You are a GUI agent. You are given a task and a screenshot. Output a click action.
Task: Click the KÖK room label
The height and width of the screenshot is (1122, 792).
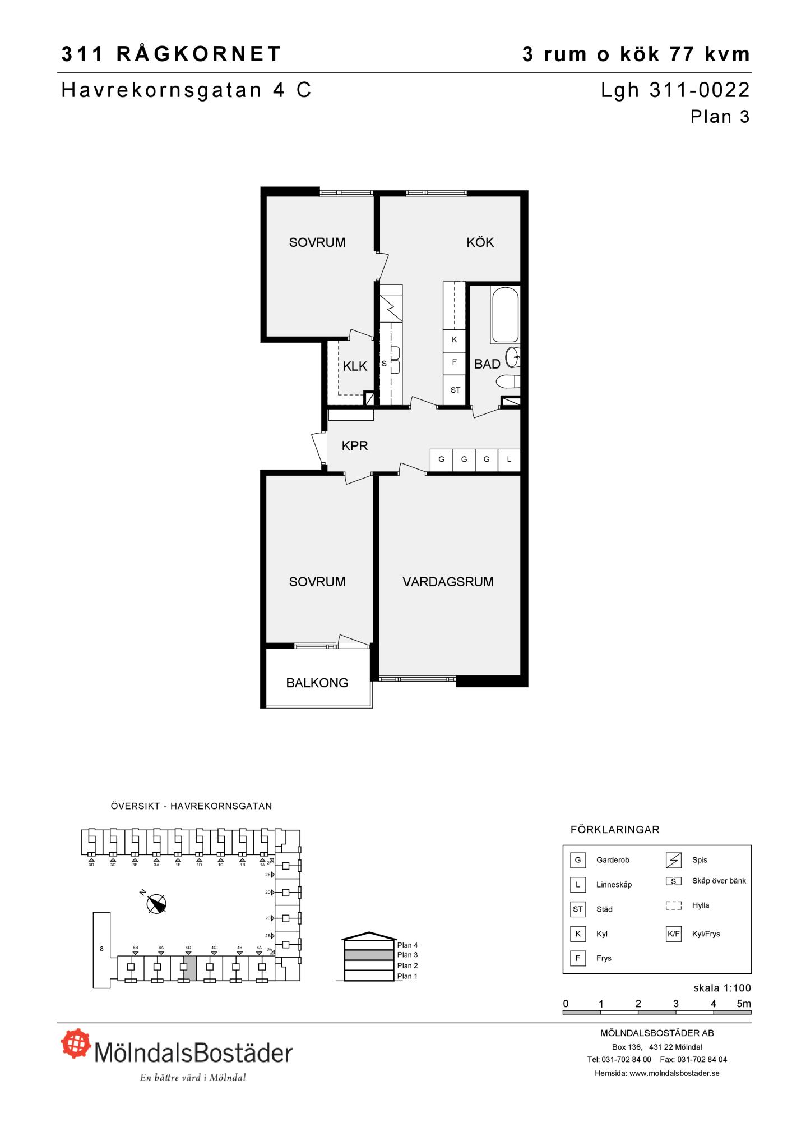[480, 242]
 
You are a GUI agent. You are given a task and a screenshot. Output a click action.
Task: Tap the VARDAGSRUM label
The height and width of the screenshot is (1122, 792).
[448, 582]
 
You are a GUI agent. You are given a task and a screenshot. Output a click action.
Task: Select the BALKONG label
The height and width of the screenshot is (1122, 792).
[317, 683]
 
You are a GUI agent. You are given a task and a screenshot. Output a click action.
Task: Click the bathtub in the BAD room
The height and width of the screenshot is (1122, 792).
[505, 315]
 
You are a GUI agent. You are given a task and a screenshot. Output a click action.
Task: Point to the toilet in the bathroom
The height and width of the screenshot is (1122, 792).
[508, 382]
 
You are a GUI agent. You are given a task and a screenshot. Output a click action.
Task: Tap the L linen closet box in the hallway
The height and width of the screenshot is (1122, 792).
[509, 459]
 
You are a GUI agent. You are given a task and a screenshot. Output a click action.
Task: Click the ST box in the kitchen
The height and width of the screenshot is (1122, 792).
[455, 390]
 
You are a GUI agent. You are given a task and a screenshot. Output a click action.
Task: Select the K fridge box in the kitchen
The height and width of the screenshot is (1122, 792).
[455, 340]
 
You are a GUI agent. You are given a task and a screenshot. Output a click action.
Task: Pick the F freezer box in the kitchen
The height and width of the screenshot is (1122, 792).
[455, 363]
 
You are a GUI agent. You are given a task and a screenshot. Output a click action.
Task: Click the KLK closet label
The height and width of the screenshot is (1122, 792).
[355, 366]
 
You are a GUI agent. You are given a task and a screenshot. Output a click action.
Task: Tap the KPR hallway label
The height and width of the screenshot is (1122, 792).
[355, 446]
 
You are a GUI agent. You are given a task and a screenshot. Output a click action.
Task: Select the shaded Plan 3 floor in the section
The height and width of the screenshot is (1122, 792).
[369, 955]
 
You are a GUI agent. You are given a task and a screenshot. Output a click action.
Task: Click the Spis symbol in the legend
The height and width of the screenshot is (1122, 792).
[673, 860]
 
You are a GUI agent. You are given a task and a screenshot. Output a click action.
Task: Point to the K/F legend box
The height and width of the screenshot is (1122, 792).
[674, 934]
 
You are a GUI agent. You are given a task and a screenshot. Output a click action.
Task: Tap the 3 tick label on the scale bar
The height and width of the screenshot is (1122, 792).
[676, 1004]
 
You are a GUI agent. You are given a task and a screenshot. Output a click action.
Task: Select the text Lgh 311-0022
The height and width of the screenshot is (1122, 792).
[675, 90]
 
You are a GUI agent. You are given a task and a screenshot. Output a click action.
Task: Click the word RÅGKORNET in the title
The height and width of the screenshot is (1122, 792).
[199, 54]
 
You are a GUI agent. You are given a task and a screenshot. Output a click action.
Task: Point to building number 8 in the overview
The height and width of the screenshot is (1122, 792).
[101, 949]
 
